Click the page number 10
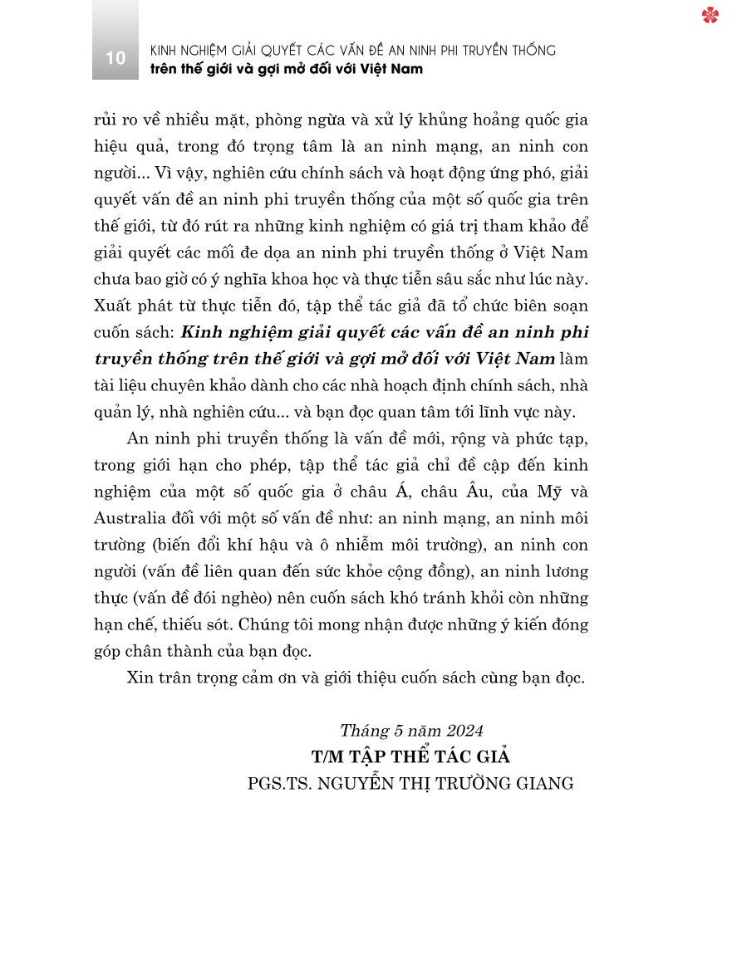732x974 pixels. [x=115, y=58]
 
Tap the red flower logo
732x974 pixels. [x=710, y=15]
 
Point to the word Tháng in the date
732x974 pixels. [x=362, y=730]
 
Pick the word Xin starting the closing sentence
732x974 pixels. [x=140, y=678]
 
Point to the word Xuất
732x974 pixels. [x=113, y=306]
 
